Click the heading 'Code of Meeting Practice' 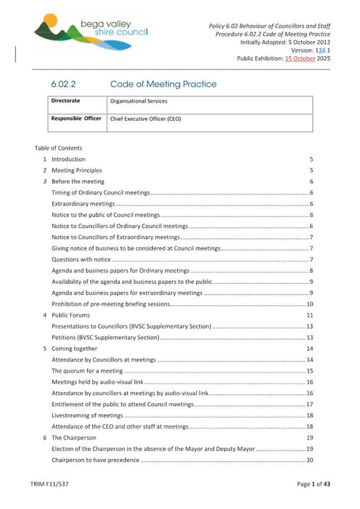click(163, 84)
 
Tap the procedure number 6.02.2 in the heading click(65, 84)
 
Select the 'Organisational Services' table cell click(138, 101)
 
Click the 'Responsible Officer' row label click(76, 118)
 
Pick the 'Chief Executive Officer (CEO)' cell click(145, 119)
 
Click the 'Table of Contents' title click(58, 148)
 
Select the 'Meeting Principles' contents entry click(77, 171)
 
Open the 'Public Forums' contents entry click(70, 315)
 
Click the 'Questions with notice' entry click(81, 260)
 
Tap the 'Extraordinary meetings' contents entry click(83, 204)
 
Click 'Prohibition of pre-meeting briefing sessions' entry click(110, 304)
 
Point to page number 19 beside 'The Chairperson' click(309, 438)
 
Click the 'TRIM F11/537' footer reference click(50, 484)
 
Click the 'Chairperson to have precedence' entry click(95, 460)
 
